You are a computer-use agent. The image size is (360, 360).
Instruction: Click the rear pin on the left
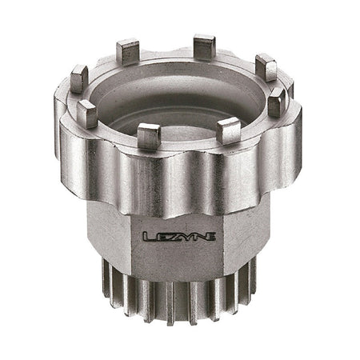[x=127, y=53]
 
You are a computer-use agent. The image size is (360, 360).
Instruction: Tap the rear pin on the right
[x=204, y=47]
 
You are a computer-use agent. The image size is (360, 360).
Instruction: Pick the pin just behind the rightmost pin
[x=265, y=67]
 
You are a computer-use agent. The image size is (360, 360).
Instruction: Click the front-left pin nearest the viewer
[x=149, y=136]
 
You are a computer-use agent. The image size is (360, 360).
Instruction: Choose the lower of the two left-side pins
[x=87, y=114]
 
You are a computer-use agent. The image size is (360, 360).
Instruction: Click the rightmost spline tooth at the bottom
[x=253, y=276]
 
